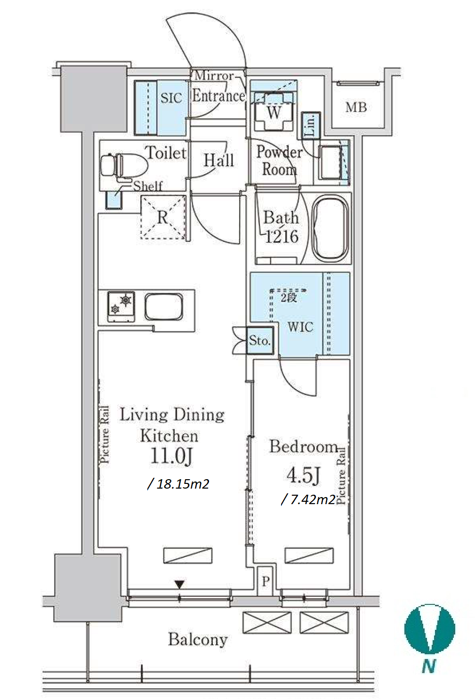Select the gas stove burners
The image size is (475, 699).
pyautogui.click(x=121, y=306)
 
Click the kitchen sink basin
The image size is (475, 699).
pyautogui.click(x=163, y=306)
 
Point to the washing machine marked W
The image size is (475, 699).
pyautogui.click(x=274, y=112)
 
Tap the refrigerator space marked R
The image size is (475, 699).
pyautogui.click(x=163, y=217)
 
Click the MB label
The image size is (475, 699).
pyautogui.click(x=356, y=107)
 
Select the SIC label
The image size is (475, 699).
pyautogui.click(x=171, y=98)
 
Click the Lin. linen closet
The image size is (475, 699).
pyautogui.click(x=311, y=125)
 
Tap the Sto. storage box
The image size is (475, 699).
pyautogui.click(x=260, y=340)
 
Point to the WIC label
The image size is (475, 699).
pyautogui.click(x=300, y=327)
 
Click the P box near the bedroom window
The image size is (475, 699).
pyautogui.click(x=266, y=582)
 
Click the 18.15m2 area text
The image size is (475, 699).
pyautogui.click(x=178, y=484)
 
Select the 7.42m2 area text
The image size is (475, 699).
pyautogui.click(x=308, y=500)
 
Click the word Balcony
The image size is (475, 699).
pyautogui.click(x=198, y=639)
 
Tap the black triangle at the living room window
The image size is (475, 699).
pyautogui.click(x=179, y=585)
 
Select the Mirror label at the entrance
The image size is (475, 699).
pyautogui.click(x=214, y=76)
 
